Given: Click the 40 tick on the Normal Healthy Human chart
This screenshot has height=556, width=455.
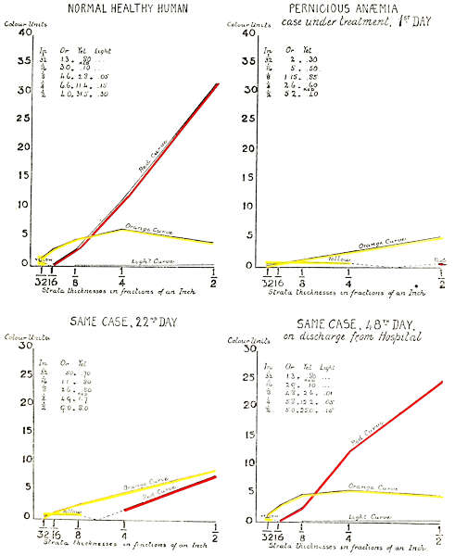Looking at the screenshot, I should pyautogui.click(x=12, y=32).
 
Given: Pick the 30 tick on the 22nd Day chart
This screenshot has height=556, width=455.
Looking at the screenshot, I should pyautogui.click(x=12, y=347).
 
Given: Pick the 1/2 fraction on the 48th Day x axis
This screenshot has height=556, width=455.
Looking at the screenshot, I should pyautogui.click(x=438, y=535).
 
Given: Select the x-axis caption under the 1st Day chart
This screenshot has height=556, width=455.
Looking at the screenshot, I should pyautogui.click(x=338, y=293).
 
